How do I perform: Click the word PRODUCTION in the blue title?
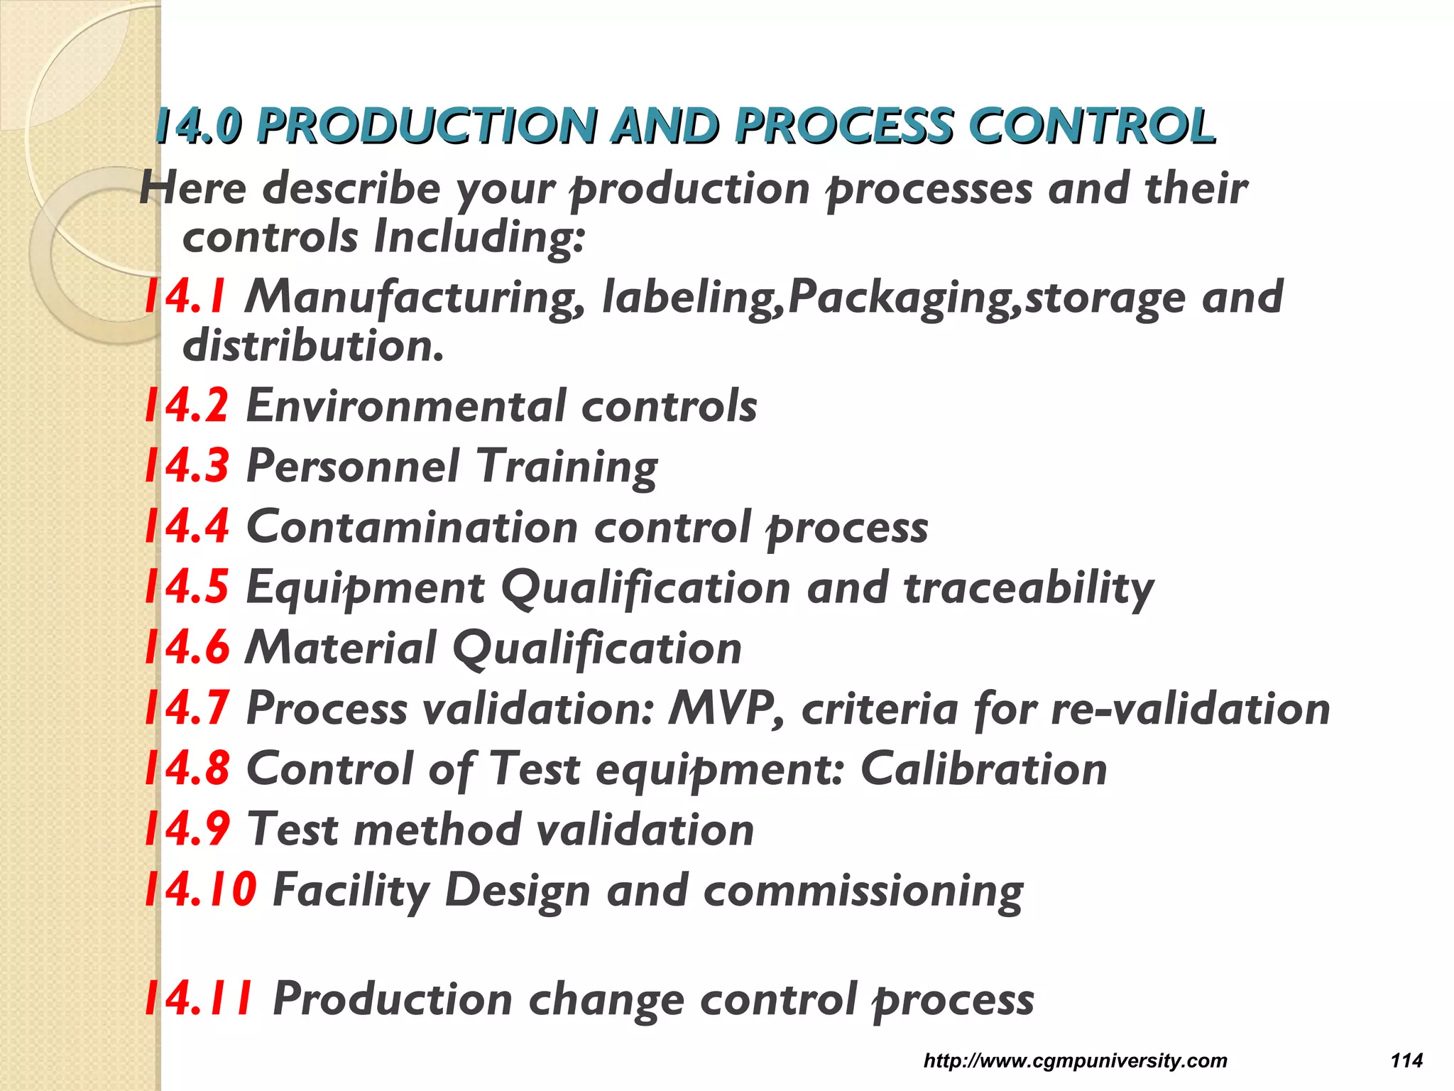pyautogui.click(x=426, y=126)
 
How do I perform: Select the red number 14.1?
pyautogui.click(x=185, y=296)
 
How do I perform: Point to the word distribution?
pyautogui.click(x=313, y=346)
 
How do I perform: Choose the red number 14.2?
pyautogui.click(x=186, y=406)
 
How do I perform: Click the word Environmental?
pyautogui.click(x=405, y=406)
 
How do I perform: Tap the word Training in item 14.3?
pyautogui.click(x=567, y=467)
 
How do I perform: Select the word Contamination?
pyautogui.click(x=412, y=527)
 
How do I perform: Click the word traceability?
pyautogui.click(x=1029, y=589)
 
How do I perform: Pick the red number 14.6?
pyautogui.click(x=186, y=648)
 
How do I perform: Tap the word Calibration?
pyautogui.click(x=983, y=769)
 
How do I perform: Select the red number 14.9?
pyautogui.click(x=186, y=829)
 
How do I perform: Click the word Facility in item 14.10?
pyautogui.click(x=351, y=891)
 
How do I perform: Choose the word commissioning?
pyautogui.click(x=863, y=891)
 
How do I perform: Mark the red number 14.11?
pyautogui.click(x=199, y=999)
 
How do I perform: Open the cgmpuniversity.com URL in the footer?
pyautogui.click(x=1075, y=1060)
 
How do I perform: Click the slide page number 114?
pyautogui.click(x=1406, y=1060)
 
